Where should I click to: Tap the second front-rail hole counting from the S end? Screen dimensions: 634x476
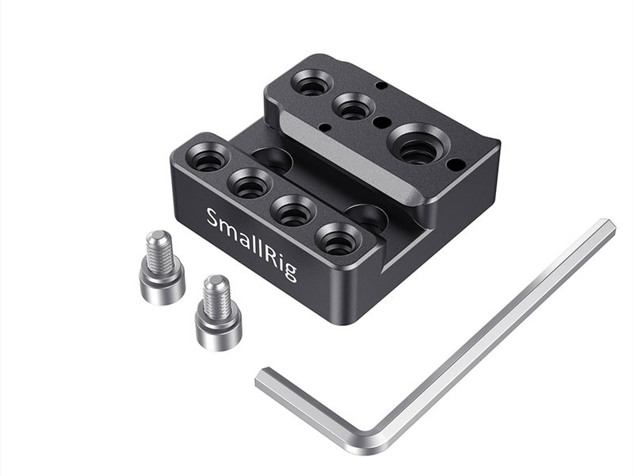(250, 183)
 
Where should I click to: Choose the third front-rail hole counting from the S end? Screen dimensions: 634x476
(293, 210)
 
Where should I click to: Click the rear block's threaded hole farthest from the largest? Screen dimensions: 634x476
(311, 83)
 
